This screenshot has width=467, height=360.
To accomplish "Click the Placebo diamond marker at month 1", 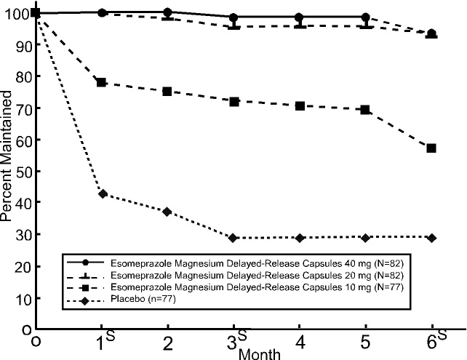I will pyautogui.click(x=103, y=193).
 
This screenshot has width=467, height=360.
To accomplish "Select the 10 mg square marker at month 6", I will pyautogui.click(x=431, y=148).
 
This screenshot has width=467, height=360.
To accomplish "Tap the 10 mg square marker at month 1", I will pyautogui.click(x=102, y=83).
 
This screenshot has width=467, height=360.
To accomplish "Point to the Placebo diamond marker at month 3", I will pyautogui.click(x=233, y=238).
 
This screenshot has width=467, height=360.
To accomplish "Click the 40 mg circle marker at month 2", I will pyautogui.click(x=167, y=12).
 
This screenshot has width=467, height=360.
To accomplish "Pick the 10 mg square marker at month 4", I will pyautogui.click(x=300, y=106).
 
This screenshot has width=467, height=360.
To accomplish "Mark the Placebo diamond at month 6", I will pyautogui.click(x=431, y=238).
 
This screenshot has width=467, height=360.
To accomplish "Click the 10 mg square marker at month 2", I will pyautogui.click(x=167, y=92).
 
